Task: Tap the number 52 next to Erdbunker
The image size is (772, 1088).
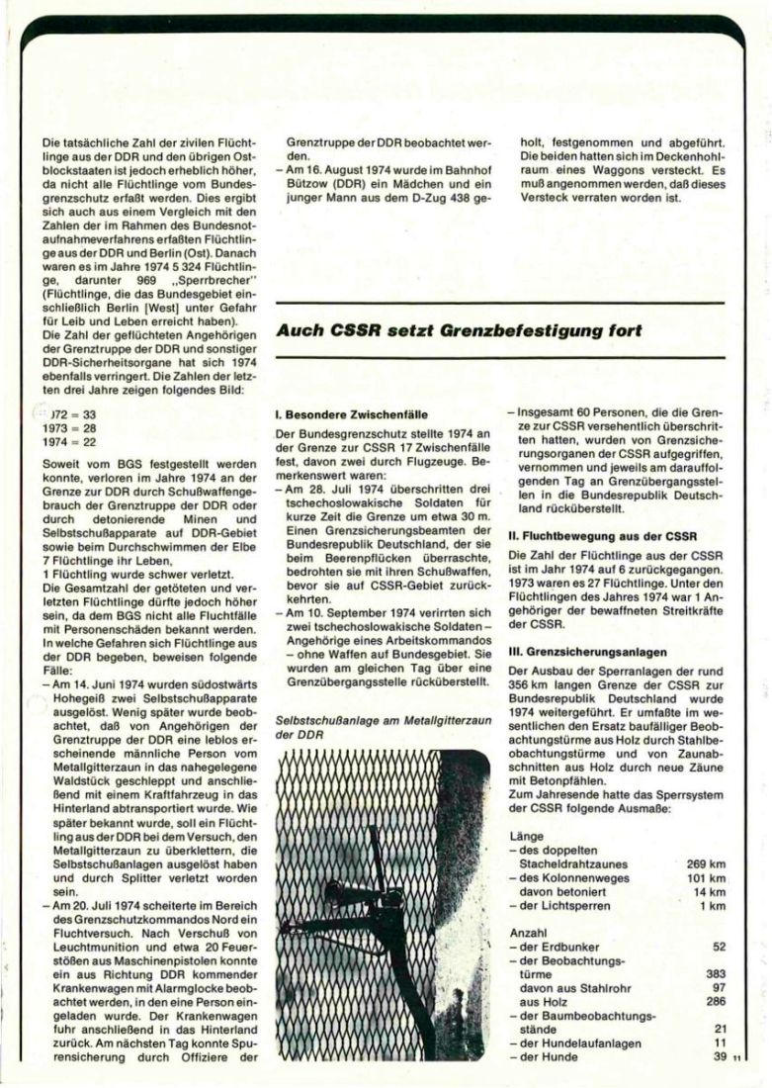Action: click(719, 947)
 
